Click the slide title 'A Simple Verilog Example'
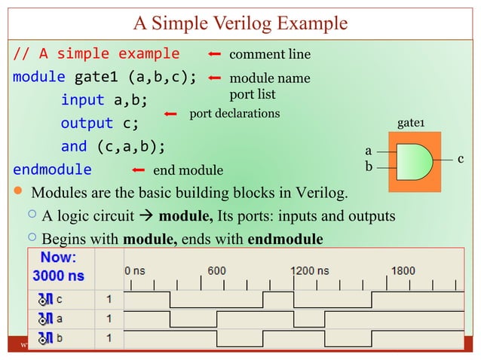(240, 23)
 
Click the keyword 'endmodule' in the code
(52, 169)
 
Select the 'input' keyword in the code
(84, 100)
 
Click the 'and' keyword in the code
(73, 146)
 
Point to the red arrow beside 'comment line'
(214, 55)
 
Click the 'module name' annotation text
(269, 78)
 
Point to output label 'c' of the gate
(460, 157)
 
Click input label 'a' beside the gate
(368, 151)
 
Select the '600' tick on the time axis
(216, 270)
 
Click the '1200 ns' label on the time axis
(311, 270)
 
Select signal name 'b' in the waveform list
(59, 338)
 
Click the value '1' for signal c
(109, 300)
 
